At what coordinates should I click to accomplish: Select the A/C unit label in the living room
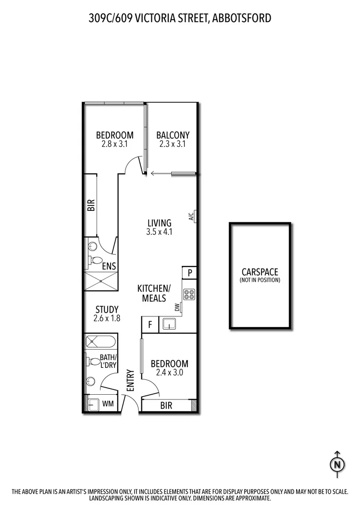pos(191,217)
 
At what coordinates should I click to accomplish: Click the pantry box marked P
pos(190,273)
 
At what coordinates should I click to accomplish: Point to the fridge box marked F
pos(150,325)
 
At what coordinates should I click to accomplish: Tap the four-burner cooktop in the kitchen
pos(189,294)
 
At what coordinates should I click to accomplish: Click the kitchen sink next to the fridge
pos(169,325)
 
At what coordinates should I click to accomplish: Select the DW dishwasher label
pos(177,307)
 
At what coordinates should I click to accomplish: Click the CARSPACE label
pos(260,272)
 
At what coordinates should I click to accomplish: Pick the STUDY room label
pos(107,309)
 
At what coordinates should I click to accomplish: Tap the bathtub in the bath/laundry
pos(100,343)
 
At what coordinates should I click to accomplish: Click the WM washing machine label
pos(108,404)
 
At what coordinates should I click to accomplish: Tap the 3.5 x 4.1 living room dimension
pos(159,231)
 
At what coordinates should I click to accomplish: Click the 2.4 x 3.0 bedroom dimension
pos(169,372)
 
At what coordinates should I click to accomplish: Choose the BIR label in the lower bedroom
pos(166,406)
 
